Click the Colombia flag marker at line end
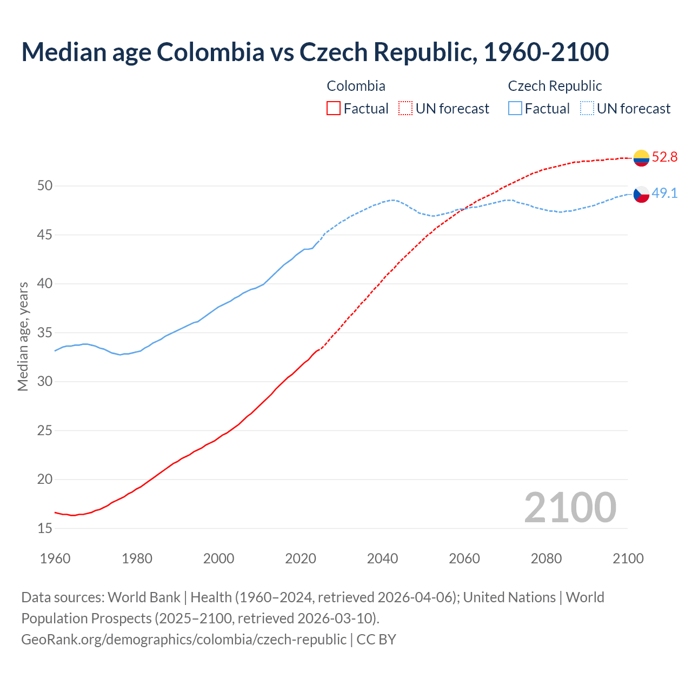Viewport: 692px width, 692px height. click(x=641, y=158)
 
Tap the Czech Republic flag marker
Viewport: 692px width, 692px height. click(x=641, y=194)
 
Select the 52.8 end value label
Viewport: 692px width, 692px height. click(x=664, y=157)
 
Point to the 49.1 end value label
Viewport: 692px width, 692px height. click(x=664, y=194)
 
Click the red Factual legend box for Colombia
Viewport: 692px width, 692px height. click(x=334, y=109)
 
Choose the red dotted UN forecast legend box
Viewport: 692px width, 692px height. click(x=405, y=109)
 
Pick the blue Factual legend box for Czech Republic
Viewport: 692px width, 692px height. click(x=515, y=109)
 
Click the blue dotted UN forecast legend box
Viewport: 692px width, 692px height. click(x=587, y=109)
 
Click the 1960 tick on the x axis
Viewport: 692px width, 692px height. click(x=55, y=558)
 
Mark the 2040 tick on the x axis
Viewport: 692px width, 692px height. click(x=382, y=558)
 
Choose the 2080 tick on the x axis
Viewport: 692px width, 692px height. click(x=546, y=558)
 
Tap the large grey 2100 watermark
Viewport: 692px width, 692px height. click(x=570, y=508)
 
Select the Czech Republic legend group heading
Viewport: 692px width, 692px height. click(x=555, y=86)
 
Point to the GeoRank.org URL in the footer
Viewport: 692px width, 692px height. click(x=184, y=640)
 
